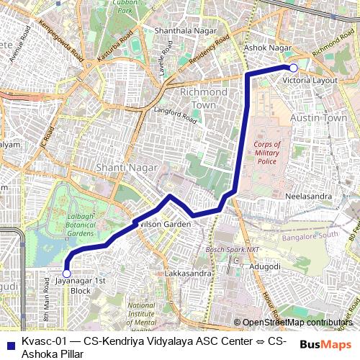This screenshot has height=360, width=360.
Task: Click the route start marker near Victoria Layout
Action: [293, 68]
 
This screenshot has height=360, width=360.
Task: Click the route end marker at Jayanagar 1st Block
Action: [66, 274]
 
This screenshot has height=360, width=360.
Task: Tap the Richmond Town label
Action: [198, 99]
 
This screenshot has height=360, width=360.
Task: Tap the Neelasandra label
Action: [309, 196]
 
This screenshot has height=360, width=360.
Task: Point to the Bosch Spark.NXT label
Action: [232, 249]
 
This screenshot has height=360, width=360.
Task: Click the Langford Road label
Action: [175, 113]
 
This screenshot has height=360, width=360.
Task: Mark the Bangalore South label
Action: [310, 235]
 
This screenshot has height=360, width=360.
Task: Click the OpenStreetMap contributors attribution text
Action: [297, 323]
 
